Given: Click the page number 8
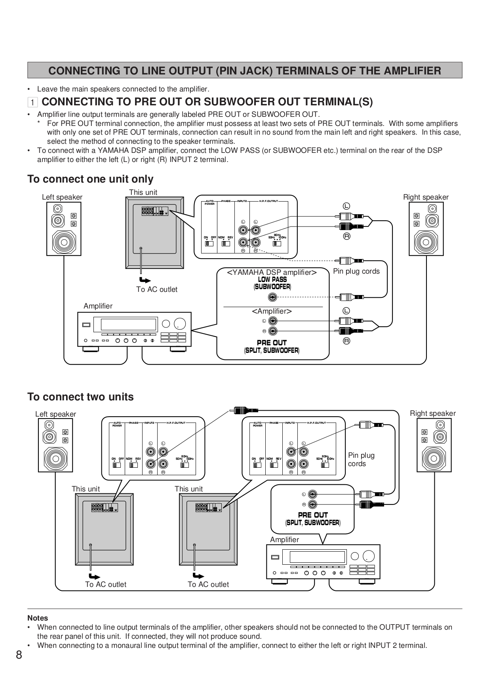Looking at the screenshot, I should point(19,655).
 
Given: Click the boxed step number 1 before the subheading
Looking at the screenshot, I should point(32,102).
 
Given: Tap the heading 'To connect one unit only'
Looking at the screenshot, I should point(90,179).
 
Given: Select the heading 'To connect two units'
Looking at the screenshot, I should point(80,397).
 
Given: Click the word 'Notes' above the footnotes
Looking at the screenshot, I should point(38,618).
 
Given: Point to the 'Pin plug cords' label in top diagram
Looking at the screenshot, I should point(356,271).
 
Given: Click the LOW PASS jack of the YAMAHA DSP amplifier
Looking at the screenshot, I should point(272,297).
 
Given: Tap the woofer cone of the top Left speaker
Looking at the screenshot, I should point(64,241).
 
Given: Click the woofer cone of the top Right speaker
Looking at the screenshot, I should point(426,241).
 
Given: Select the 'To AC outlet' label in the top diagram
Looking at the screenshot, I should point(157,289).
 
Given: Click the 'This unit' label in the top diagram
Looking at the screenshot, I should point(143,192).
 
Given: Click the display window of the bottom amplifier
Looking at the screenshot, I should point(318,557).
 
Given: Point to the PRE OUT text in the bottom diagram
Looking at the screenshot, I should point(313,515).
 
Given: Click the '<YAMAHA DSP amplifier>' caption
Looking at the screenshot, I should point(272,272).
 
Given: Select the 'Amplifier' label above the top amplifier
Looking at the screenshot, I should point(98,306).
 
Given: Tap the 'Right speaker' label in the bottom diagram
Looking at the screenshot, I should point(433,413).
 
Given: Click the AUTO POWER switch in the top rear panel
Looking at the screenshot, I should point(209,243).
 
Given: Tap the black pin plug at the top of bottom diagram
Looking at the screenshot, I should point(246,410).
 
